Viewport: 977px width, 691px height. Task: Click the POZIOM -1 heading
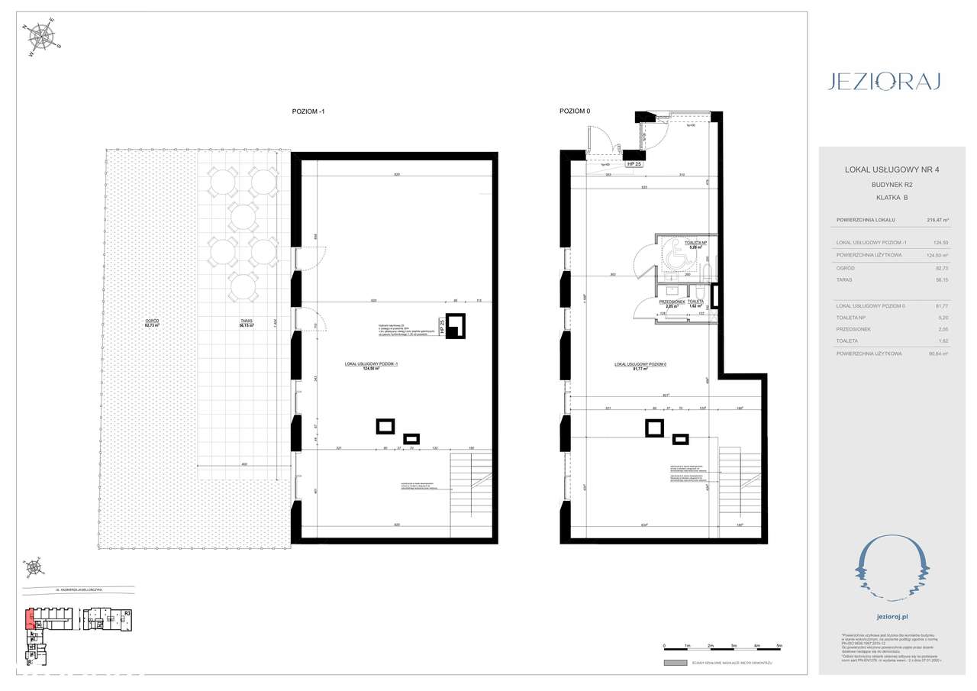pyautogui.click(x=308, y=111)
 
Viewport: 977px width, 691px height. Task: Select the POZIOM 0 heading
pyautogui.click(x=576, y=111)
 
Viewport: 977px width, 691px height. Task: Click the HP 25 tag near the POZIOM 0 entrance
pyautogui.click(x=633, y=163)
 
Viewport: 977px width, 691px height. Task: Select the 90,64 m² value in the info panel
pyautogui.click(x=937, y=354)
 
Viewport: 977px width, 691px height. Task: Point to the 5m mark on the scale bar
pyautogui.click(x=779, y=646)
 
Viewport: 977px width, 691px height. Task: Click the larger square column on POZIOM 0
pyautogui.click(x=654, y=428)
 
